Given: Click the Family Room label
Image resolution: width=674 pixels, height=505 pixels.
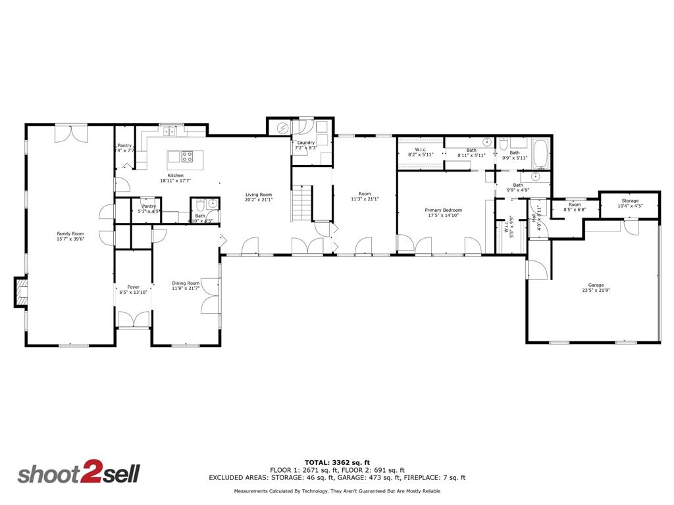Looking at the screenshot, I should tap(70, 233).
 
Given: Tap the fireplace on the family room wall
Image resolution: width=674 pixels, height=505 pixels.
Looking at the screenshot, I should tap(21, 292).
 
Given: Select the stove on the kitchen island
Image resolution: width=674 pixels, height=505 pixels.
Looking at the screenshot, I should tap(187, 156).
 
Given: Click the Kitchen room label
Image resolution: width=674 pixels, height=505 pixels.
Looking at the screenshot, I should tap(175, 176).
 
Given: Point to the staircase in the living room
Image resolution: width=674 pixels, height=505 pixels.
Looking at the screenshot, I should tap(301, 203).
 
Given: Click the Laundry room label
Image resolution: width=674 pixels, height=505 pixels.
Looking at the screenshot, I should tap(306, 143).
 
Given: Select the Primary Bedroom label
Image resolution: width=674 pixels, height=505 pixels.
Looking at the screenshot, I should tap(443, 210).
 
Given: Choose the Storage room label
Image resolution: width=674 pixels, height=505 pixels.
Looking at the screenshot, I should tap(630, 201).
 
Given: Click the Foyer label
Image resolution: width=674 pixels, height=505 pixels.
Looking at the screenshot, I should tap(133, 287).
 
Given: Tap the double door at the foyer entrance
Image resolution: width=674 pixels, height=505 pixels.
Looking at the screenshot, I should tap(134, 320).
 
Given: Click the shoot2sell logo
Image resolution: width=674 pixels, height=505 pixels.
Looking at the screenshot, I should tap(78, 474).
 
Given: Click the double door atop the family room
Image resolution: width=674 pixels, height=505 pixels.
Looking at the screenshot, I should tap(70, 132).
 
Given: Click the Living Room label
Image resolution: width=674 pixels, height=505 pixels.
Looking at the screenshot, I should tap(259, 195).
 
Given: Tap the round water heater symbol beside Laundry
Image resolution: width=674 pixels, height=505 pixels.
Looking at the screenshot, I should tap(282, 128).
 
